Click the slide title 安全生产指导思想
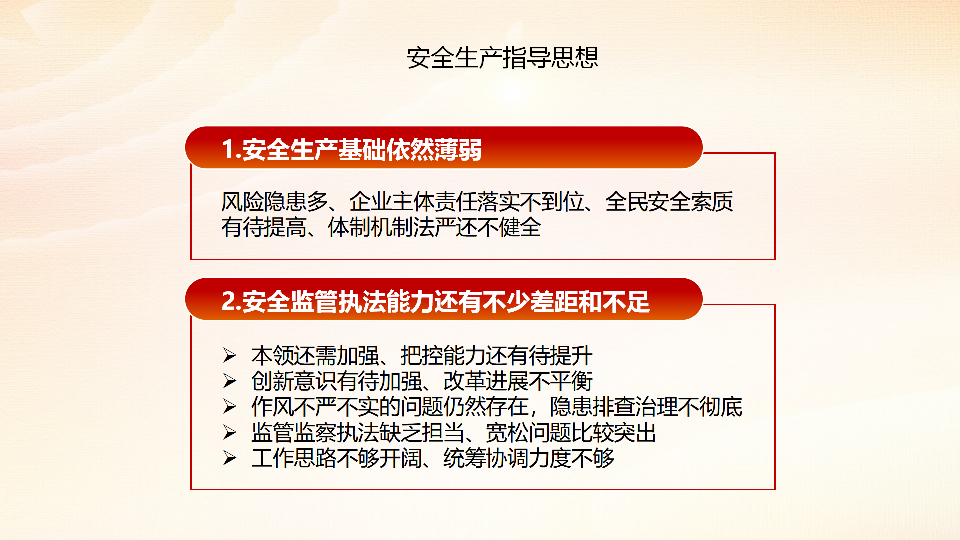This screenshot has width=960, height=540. tap(502, 57)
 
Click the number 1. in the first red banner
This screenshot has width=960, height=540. tap(231, 149)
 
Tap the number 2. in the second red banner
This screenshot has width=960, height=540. tap(231, 301)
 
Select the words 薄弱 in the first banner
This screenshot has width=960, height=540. tap(458, 149)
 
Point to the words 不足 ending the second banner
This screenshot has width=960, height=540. tap(626, 301)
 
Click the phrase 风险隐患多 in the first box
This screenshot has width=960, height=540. tap(274, 202)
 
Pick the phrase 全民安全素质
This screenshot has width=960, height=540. tap(669, 202)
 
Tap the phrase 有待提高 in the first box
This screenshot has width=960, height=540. tap(264, 227)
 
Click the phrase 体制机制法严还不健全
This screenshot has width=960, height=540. tap(434, 227)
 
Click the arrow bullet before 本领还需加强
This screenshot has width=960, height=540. tap(230, 355)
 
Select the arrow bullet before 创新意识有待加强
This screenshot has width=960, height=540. tap(230, 381)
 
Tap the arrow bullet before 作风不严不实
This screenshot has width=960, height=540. tap(230, 407)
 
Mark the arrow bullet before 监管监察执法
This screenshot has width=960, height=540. tap(230, 432)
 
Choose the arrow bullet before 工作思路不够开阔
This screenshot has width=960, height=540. tap(230, 458)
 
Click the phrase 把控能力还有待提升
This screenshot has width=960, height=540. tap(496, 355)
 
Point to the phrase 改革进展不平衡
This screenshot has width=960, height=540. tap(518, 381)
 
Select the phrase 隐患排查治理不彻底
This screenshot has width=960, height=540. tap(646, 407)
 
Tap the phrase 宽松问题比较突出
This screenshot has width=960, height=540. tap(571, 432)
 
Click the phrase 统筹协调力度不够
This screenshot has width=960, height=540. tap(529, 458)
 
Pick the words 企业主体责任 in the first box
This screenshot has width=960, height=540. tap(413, 202)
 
